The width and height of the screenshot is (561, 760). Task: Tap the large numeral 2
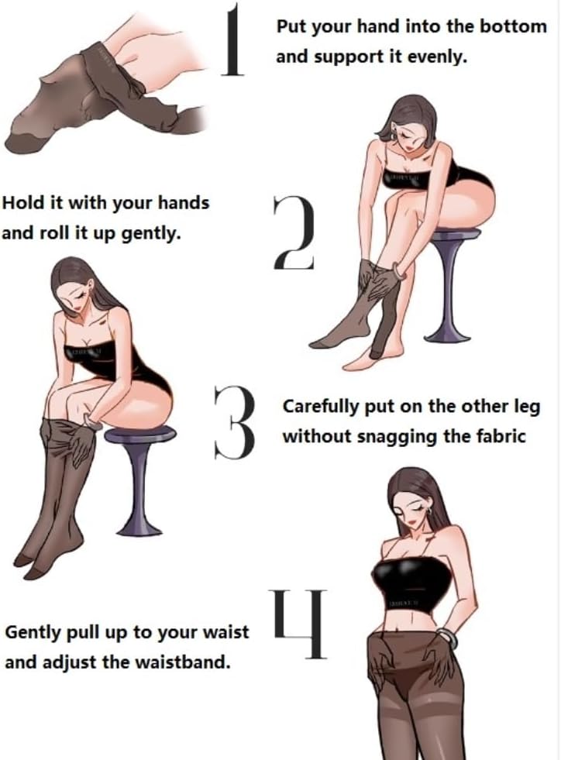tap(294, 232)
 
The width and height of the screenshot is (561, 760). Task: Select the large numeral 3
tap(235, 423)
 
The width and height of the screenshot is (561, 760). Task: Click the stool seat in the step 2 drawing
tap(455, 235)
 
